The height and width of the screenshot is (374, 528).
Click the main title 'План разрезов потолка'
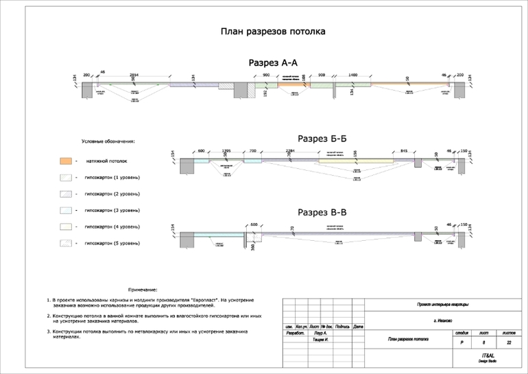point(272,32)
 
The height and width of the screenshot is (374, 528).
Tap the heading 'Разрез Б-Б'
point(322,139)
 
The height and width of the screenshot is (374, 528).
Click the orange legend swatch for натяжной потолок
point(65,161)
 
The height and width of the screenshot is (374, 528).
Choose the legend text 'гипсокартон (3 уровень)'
point(112,210)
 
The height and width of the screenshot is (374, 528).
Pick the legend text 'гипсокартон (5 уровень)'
point(112,243)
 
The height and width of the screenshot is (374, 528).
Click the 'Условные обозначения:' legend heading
point(108,141)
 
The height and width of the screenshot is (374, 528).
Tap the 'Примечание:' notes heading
point(143,290)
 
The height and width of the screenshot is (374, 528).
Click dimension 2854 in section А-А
point(134,74)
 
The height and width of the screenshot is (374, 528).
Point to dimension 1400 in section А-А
point(353,74)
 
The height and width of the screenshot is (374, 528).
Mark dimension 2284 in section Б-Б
point(290,150)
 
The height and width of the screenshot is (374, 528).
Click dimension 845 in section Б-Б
point(404,150)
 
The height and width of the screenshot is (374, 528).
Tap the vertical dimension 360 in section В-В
point(253,245)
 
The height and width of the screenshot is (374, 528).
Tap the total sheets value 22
point(508,342)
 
